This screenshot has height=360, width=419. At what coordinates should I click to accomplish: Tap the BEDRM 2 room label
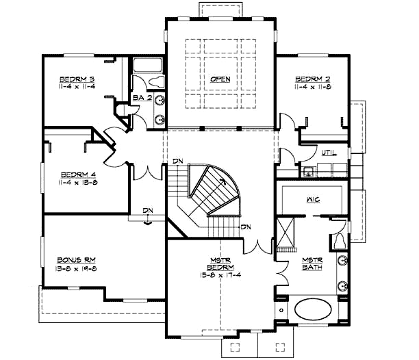[x=312, y=79]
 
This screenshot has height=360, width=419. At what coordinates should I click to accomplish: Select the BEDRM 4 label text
[x=77, y=173]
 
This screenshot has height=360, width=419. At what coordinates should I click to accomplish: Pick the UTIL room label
[x=329, y=153]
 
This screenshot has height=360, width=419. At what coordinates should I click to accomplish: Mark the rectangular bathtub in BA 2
[x=145, y=66]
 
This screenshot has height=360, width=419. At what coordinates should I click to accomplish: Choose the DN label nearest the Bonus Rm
[x=147, y=211]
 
